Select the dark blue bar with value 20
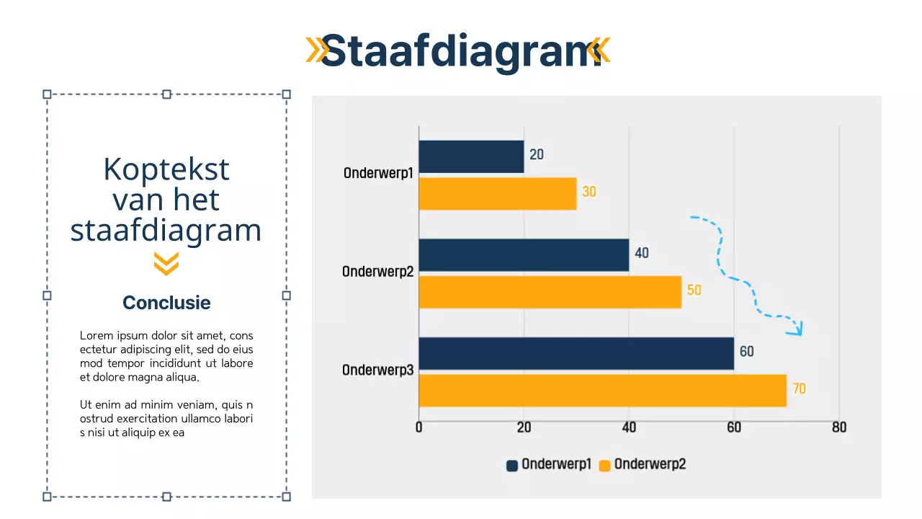(x=471, y=156)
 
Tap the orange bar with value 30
(x=498, y=193)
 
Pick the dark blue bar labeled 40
(x=524, y=255)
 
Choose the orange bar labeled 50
(x=550, y=292)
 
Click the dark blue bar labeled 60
(x=576, y=353)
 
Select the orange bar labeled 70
(x=602, y=390)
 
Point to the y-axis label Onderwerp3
(x=377, y=371)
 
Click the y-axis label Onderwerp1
(x=378, y=174)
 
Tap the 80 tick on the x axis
(x=839, y=427)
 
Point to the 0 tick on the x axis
(x=419, y=427)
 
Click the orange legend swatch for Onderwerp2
(x=605, y=466)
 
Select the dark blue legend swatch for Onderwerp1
(x=512, y=466)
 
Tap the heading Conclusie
(x=166, y=303)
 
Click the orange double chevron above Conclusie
(x=166, y=264)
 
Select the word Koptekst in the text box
(x=166, y=169)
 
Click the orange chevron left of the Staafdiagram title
(x=313, y=50)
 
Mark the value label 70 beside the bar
(x=799, y=389)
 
